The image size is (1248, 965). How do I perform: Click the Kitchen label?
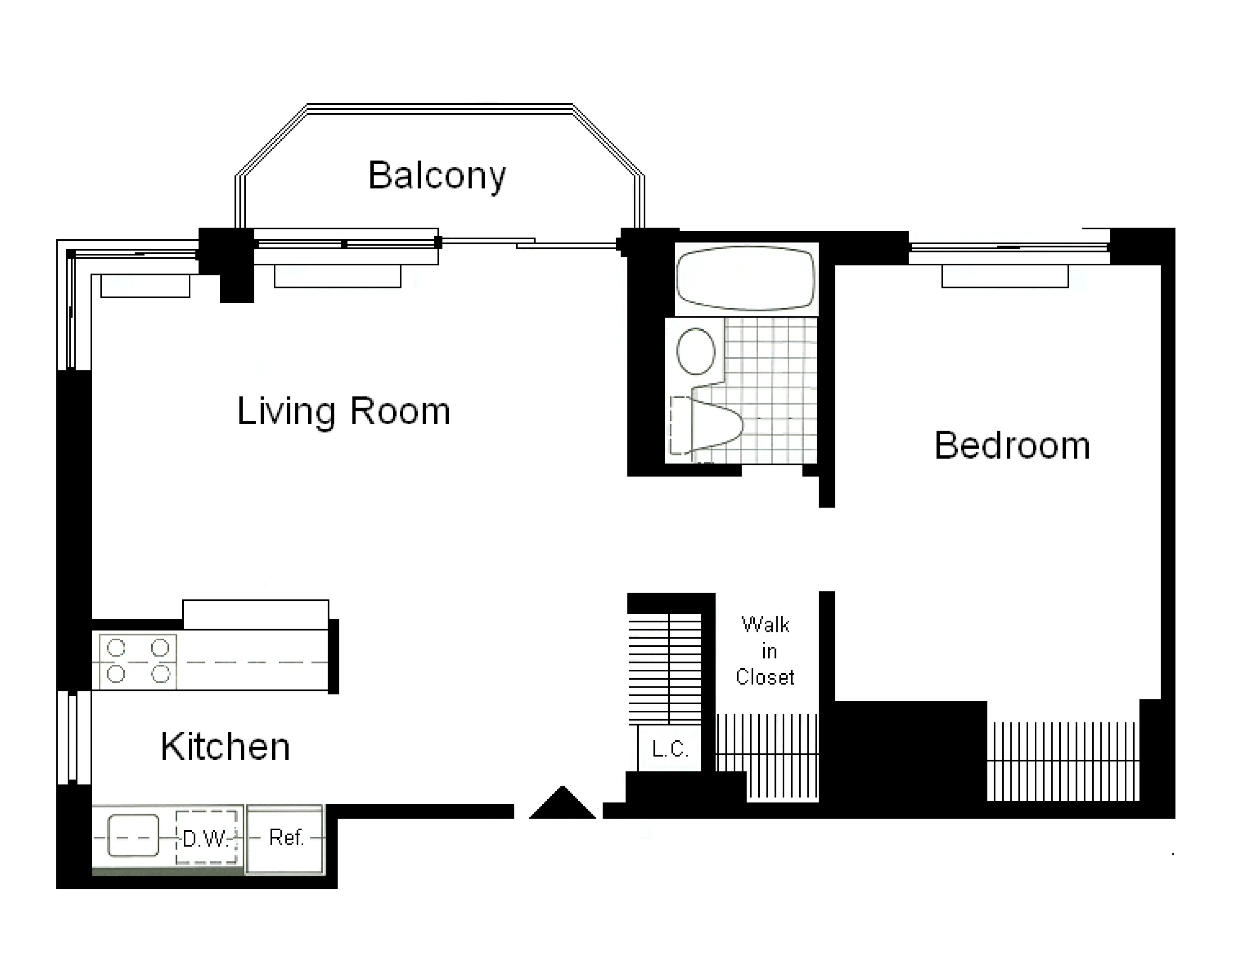225,747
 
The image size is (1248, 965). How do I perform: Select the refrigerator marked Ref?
285,838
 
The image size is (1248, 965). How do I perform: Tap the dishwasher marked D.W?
206,838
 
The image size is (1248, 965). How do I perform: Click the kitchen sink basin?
133,836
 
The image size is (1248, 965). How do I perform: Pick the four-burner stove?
138,661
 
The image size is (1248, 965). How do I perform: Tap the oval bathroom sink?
695,351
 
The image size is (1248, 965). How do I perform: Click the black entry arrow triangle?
562,805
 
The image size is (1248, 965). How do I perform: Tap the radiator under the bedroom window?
1004,277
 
